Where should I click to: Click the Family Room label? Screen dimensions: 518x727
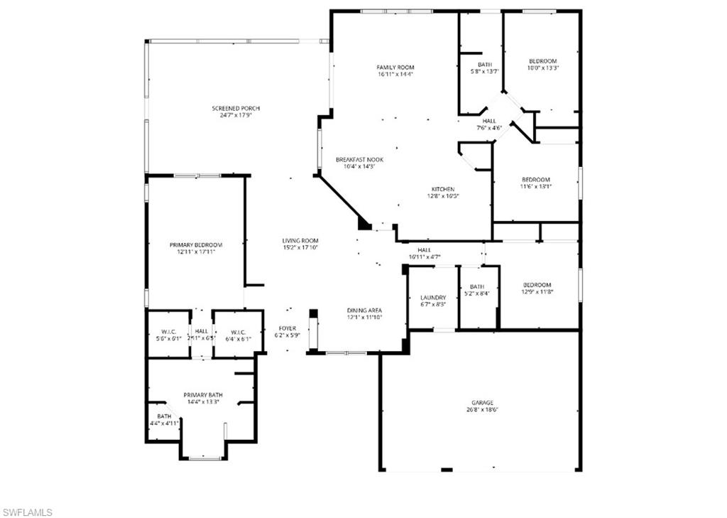[395, 68]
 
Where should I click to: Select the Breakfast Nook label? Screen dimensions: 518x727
[359, 160]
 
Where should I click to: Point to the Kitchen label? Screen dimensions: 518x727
[443, 189]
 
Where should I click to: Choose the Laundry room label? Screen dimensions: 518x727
[433, 298]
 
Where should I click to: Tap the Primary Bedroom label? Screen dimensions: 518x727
[196, 244]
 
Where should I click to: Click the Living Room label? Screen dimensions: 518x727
[300, 241]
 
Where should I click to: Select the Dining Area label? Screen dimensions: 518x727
[364, 311]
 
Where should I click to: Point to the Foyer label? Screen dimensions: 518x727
[288, 328]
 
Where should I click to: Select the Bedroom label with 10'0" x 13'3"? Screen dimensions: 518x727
[542, 61]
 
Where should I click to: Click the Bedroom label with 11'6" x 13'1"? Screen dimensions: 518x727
[536, 180]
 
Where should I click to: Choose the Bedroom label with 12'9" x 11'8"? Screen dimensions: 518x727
[537, 285]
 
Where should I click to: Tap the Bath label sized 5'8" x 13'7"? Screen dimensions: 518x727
[485, 64]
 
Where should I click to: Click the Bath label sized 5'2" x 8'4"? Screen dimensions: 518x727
[476, 286]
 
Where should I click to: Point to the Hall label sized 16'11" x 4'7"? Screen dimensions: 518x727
[425, 250]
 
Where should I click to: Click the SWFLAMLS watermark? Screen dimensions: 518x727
[27, 512]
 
